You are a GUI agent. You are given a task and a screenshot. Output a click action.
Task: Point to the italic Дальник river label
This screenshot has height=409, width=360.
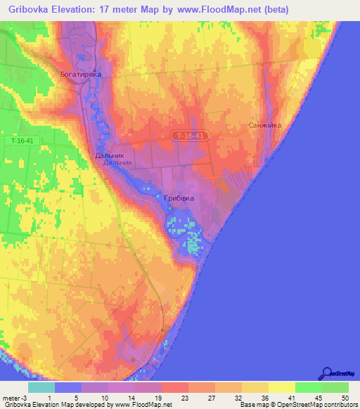click(117, 163)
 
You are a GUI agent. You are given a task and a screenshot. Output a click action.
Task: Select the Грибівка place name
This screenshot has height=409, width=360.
click(179, 199)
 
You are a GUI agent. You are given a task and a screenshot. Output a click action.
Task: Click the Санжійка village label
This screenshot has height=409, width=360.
click(265, 126)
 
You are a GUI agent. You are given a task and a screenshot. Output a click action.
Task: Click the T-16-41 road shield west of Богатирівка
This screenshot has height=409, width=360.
click(27, 141)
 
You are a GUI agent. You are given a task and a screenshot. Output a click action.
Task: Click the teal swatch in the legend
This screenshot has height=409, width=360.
click(41, 387)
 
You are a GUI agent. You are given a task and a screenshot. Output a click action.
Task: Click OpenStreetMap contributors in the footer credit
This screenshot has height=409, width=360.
click(319, 405)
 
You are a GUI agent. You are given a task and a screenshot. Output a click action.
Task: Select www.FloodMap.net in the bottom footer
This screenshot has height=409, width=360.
click(144, 405)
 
